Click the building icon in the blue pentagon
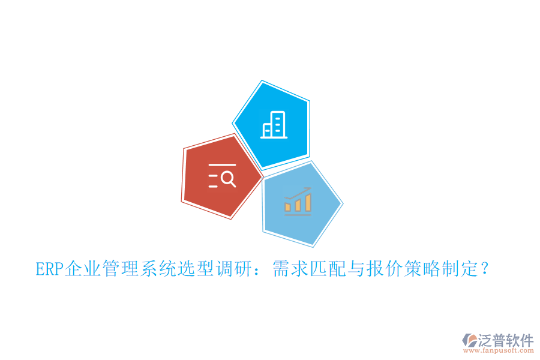pyautogui.click(x=274, y=124)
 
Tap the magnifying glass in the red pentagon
pyautogui.click(x=228, y=178)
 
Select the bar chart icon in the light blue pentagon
pyautogui.click(x=298, y=201)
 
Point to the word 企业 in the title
pyautogui.click(x=80, y=269)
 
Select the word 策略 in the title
pyautogui.click(x=406, y=269)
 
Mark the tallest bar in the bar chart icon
pyautogui.click(x=308, y=202)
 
